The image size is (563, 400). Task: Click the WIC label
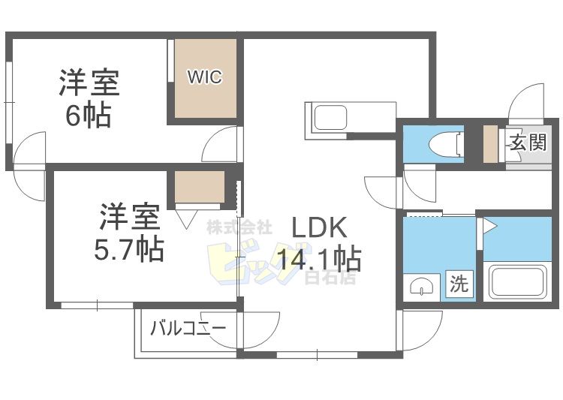coord(205,77)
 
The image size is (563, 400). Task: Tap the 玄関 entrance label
coord(526,143)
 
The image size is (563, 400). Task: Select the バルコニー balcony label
coord(188,328)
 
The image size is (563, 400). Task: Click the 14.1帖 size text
coord(319,260)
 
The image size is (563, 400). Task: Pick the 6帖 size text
coord(89,116)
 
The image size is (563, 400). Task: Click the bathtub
coord(517,281)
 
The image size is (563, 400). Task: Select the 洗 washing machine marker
coord(459,284)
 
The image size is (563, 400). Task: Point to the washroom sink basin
coord(422,286)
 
